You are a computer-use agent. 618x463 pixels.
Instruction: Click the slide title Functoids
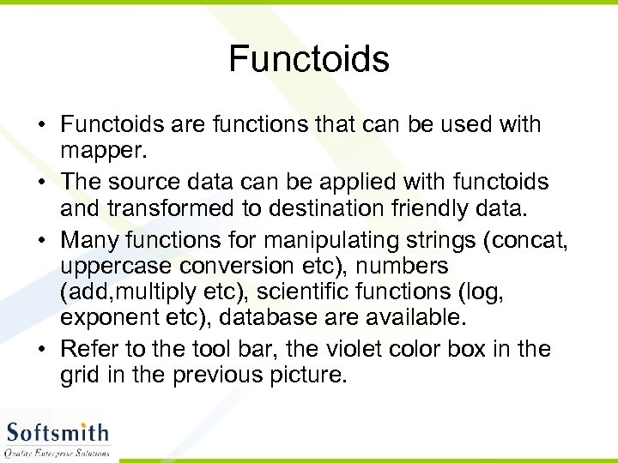pyautogui.click(x=309, y=59)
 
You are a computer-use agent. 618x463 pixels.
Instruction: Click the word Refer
pyautogui.click(x=88, y=349)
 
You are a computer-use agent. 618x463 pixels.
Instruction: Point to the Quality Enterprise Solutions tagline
pyautogui.click(x=57, y=452)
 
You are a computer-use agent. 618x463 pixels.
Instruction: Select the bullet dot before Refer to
pyautogui.click(x=41, y=350)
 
